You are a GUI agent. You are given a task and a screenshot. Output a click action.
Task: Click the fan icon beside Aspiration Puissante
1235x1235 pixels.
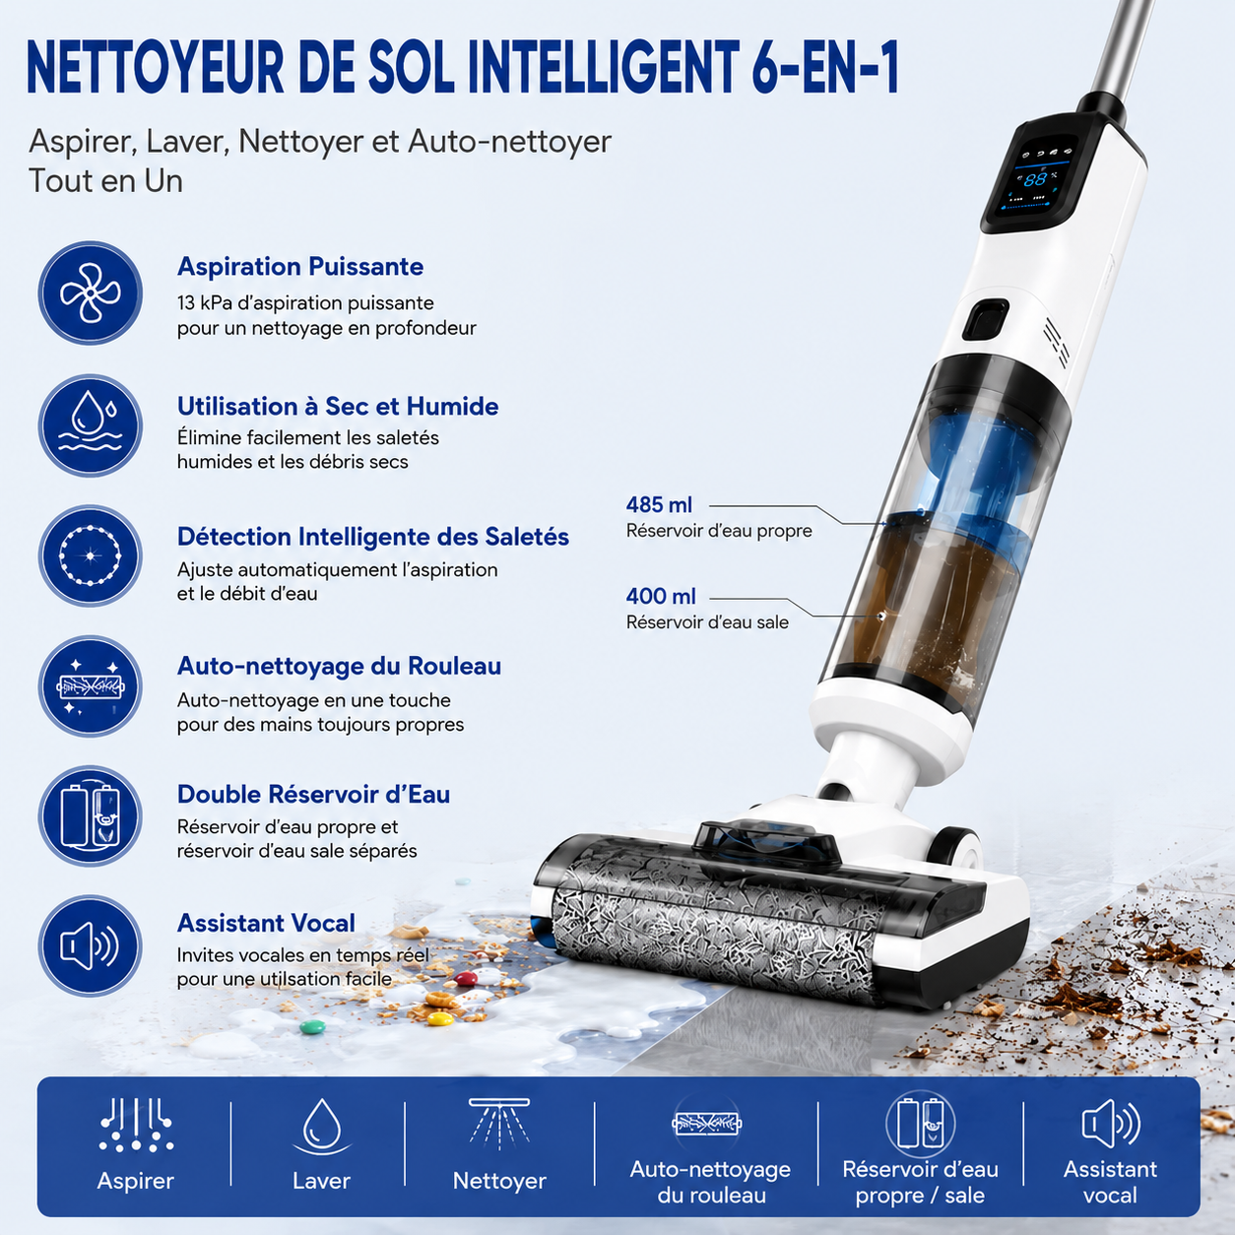click(x=91, y=292)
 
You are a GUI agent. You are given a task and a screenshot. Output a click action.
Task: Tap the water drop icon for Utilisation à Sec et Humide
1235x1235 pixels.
click(x=91, y=425)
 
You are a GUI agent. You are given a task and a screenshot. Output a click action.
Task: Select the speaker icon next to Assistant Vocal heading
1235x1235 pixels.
click(x=91, y=945)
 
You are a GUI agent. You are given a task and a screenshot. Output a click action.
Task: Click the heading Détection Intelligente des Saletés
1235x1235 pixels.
click(x=373, y=537)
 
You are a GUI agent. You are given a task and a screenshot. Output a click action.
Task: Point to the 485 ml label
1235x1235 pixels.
click(x=659, y=505)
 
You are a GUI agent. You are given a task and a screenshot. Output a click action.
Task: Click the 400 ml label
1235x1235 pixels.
click(x=661, y=597)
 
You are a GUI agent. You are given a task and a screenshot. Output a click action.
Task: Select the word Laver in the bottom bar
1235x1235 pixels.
click(x=321, y=1181)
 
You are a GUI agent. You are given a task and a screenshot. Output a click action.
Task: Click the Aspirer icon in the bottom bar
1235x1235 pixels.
click(x=136, y=1125)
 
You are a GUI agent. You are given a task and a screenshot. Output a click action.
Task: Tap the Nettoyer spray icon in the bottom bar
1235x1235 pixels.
click(x=499, y=1122)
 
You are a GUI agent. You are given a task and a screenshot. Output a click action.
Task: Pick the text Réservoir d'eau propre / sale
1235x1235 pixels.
click(x=920, y=1182)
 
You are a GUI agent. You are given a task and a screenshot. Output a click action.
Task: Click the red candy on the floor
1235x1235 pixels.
click(x=466, y=978)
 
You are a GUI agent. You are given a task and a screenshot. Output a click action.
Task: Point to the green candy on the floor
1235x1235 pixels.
click(x=313, y=1027)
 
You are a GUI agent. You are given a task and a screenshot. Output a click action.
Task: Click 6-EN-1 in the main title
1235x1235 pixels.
click(x=824, y=68)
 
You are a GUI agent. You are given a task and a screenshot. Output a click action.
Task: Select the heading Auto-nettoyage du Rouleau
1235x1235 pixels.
click(x=339, y=666)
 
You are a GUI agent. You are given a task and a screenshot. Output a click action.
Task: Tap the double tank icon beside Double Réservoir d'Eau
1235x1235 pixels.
click(x=91, y=815)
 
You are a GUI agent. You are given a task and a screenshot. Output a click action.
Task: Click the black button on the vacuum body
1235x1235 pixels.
click(x=985, y=319)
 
